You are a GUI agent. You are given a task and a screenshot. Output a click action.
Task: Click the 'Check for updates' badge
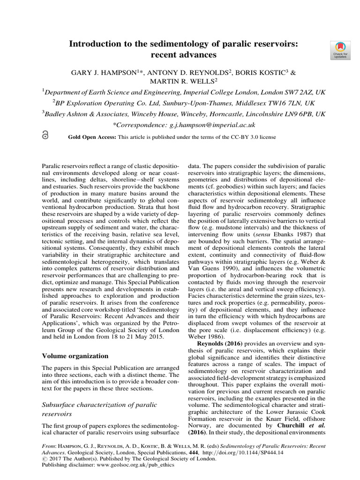click(x=340, y=50)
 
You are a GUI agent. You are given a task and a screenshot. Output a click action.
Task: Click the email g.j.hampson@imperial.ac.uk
click(x=210, y=125)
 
